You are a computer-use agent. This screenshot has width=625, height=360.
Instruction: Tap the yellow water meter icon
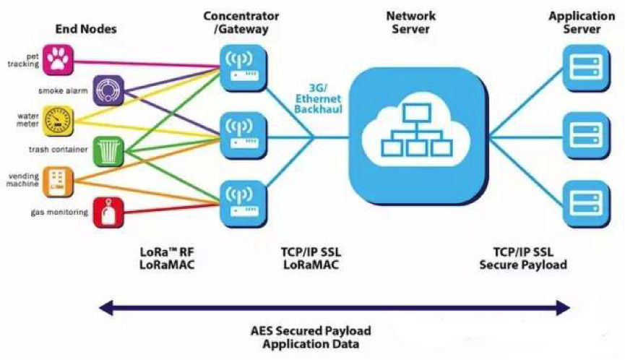point(59,119)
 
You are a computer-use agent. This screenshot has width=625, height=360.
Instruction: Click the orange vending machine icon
point(59,181)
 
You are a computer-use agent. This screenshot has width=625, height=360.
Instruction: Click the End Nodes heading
point(86,29)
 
